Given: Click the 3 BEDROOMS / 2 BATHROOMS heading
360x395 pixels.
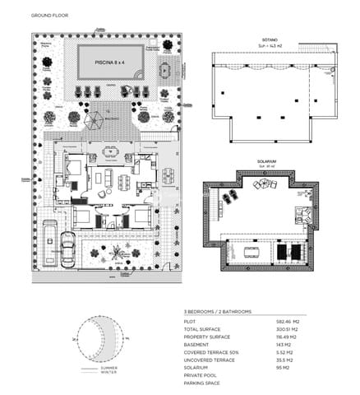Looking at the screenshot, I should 218,313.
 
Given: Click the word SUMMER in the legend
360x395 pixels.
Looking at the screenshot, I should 109,367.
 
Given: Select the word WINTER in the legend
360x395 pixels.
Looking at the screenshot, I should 108,373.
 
